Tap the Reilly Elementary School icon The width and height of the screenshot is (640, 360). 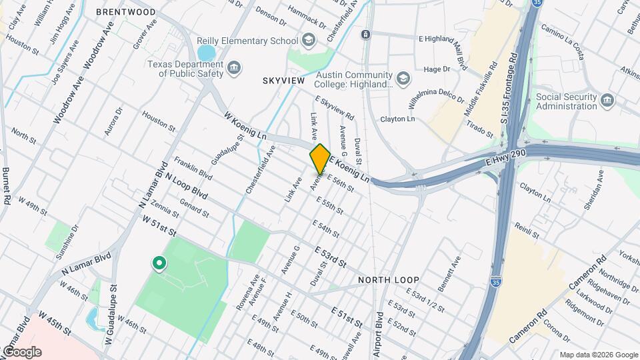[x=309, y=41]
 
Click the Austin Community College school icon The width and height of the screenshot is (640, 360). [x=403, y=80]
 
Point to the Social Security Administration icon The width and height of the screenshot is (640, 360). [x=607, y=101]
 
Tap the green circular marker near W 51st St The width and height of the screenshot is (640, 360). [x=159, y=264]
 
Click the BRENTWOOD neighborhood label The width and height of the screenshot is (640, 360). [x=126, y=12]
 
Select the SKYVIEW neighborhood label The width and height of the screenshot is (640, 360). [x=283, y=81]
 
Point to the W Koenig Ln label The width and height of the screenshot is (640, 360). [x=245, y=126]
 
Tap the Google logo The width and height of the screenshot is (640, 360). [x=21, y=351]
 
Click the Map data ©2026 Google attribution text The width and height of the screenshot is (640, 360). [x=598, y=355]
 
